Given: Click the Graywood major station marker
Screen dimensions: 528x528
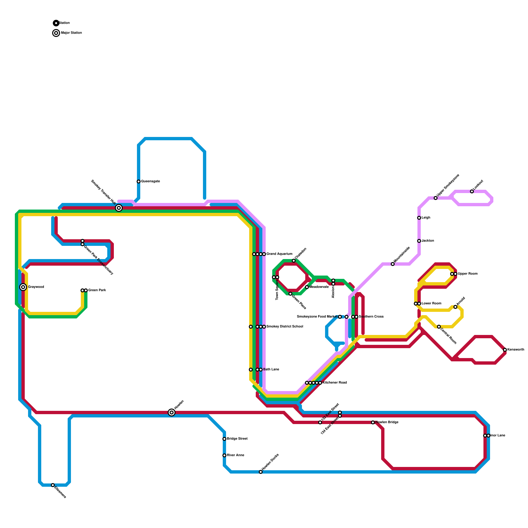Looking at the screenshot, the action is click(x=23, y=287).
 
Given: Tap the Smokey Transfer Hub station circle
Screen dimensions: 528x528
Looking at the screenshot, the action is click(x=119, y=208).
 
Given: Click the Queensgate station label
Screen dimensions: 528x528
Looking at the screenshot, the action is click(x=150, y=181).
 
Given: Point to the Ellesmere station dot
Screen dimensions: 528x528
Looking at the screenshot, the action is click(x=53, y=485).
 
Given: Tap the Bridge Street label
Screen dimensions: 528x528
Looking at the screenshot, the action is click(x=237, y=439).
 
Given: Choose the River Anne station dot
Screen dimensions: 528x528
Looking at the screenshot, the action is click(x=224, y=455).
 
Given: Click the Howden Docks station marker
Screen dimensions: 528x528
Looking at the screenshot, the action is click(x=261, y=472).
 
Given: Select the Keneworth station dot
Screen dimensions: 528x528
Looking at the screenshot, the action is click(x=505, y=350).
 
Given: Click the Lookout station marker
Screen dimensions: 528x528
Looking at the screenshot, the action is click(x=472, y=191).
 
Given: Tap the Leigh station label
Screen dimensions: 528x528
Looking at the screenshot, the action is click(x=426, y=218).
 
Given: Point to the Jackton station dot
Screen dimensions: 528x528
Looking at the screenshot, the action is click(x=419, y=241).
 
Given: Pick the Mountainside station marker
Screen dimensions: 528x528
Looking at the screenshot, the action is click(x=393, y=264).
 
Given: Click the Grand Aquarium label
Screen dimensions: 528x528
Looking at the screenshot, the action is click(x=279, y=254).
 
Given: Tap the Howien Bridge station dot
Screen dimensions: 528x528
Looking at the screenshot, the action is click(x=373, y=422).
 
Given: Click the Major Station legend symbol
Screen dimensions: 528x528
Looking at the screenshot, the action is click(x=56, y=33).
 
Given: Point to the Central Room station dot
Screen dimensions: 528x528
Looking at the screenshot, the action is click(x=439, y=327).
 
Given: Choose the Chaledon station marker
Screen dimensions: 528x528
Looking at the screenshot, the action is click(x=294, y=261).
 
